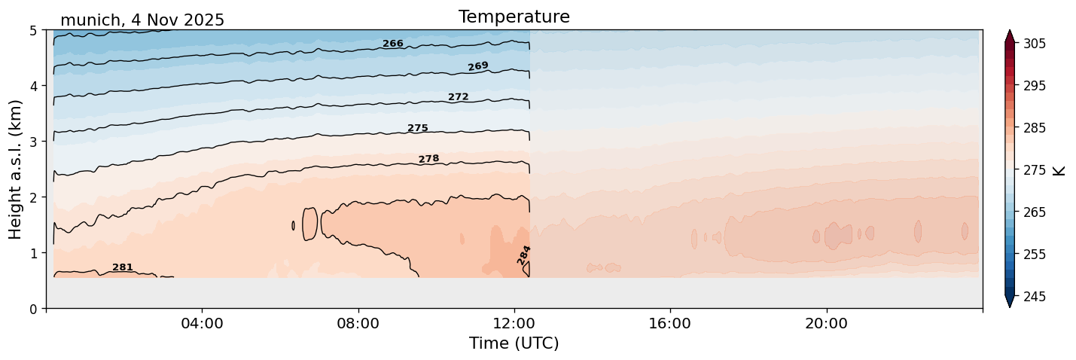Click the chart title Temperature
(514, 17)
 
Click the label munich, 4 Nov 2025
(142, 20)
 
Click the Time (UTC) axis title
(514, 343)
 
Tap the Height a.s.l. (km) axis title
(16, 169)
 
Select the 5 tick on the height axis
(34, 30)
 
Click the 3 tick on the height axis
(34, 142)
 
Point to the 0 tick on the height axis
(34, 309)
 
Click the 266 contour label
(393, 44)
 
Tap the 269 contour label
(478, 66)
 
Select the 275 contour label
(418, 128)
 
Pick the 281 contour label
(123, 267)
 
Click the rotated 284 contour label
(524, 255)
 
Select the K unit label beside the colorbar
(1059, 169)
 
